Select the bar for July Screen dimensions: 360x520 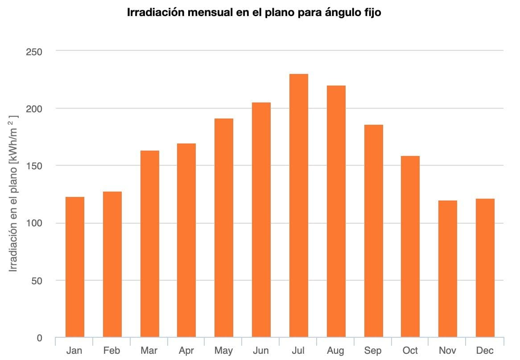[298, 205]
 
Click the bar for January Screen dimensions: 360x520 [74, 267]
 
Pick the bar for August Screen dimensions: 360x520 [336, 211]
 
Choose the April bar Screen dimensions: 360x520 [186, 240]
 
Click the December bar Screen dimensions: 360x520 [485, 268]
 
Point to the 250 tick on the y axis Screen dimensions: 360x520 [33, 52]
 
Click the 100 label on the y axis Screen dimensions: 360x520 [33, 223]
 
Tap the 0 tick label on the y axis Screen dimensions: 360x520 [39, 338]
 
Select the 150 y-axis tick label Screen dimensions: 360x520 [33, 166]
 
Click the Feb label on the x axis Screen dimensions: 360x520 [111, 351]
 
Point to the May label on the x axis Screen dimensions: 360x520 [223, 351]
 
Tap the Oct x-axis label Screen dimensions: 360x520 [410, 351]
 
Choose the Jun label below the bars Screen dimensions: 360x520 [260, 351]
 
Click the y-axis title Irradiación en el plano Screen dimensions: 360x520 [14, 194]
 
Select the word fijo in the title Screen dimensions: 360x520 [372, 12]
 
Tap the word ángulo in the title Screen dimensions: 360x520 [344, 12]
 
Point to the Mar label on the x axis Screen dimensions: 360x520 [149, 351]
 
